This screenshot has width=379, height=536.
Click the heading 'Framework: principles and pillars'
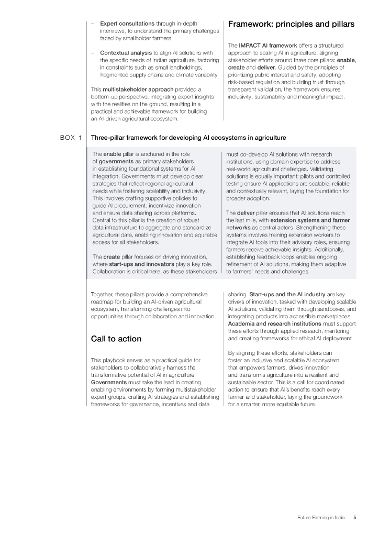click(x=291, y=24)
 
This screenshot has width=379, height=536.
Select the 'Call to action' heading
click(x=116, y=339)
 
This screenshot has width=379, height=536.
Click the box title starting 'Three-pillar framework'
click(x=188, y=138)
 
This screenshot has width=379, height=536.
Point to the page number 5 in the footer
click(x=354, y=518)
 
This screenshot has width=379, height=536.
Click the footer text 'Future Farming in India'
click(x=322, y=518)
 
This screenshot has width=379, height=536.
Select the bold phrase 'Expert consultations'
click(x=127, y=24)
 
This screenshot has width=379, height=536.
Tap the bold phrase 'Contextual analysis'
click(x=126, y=53)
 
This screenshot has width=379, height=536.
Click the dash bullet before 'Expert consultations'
click(x=92, y=24)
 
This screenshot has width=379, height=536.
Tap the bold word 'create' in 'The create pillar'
click(x=112, y=256)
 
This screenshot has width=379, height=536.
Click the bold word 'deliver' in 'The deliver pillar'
click(x=246, y=213)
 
